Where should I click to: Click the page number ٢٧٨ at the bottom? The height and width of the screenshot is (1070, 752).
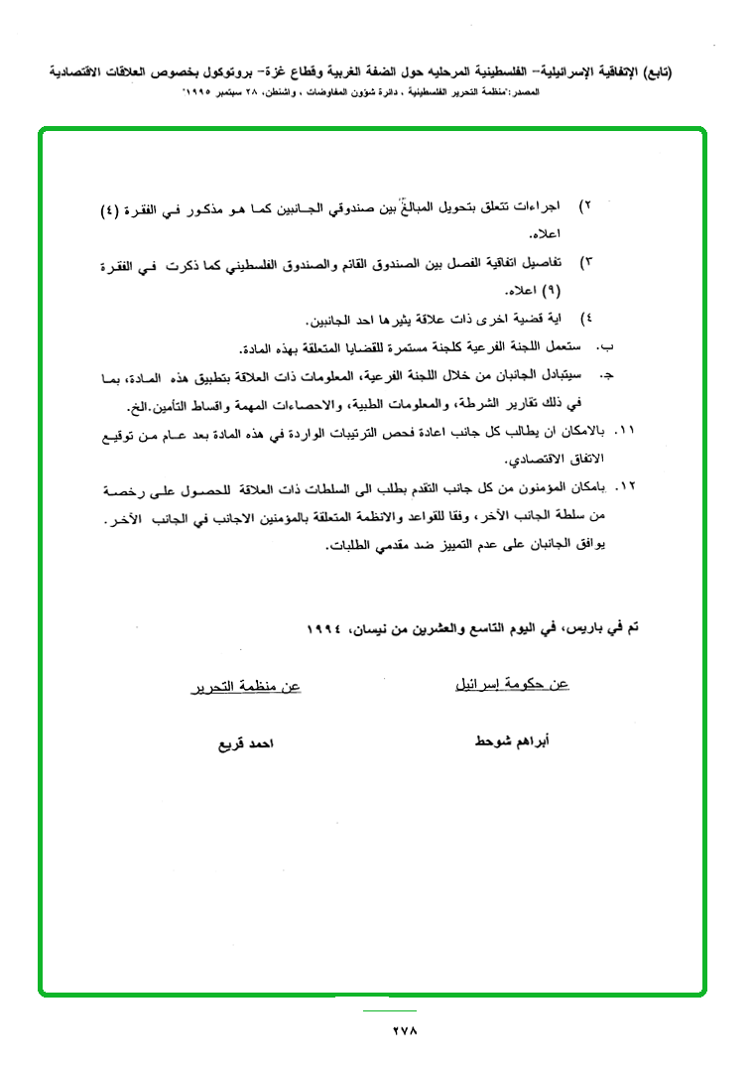point(404,1030)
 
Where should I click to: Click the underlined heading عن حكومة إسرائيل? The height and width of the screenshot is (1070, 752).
point(511,685)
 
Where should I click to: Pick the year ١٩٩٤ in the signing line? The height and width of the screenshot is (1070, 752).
point(323,629)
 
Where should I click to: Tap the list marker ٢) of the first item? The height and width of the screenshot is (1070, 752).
point(585,205)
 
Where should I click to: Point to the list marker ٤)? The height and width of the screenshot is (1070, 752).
point(585,319)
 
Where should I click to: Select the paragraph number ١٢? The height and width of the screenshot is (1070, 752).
point(624,489)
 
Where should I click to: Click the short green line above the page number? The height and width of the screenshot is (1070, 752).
point(389,1010)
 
